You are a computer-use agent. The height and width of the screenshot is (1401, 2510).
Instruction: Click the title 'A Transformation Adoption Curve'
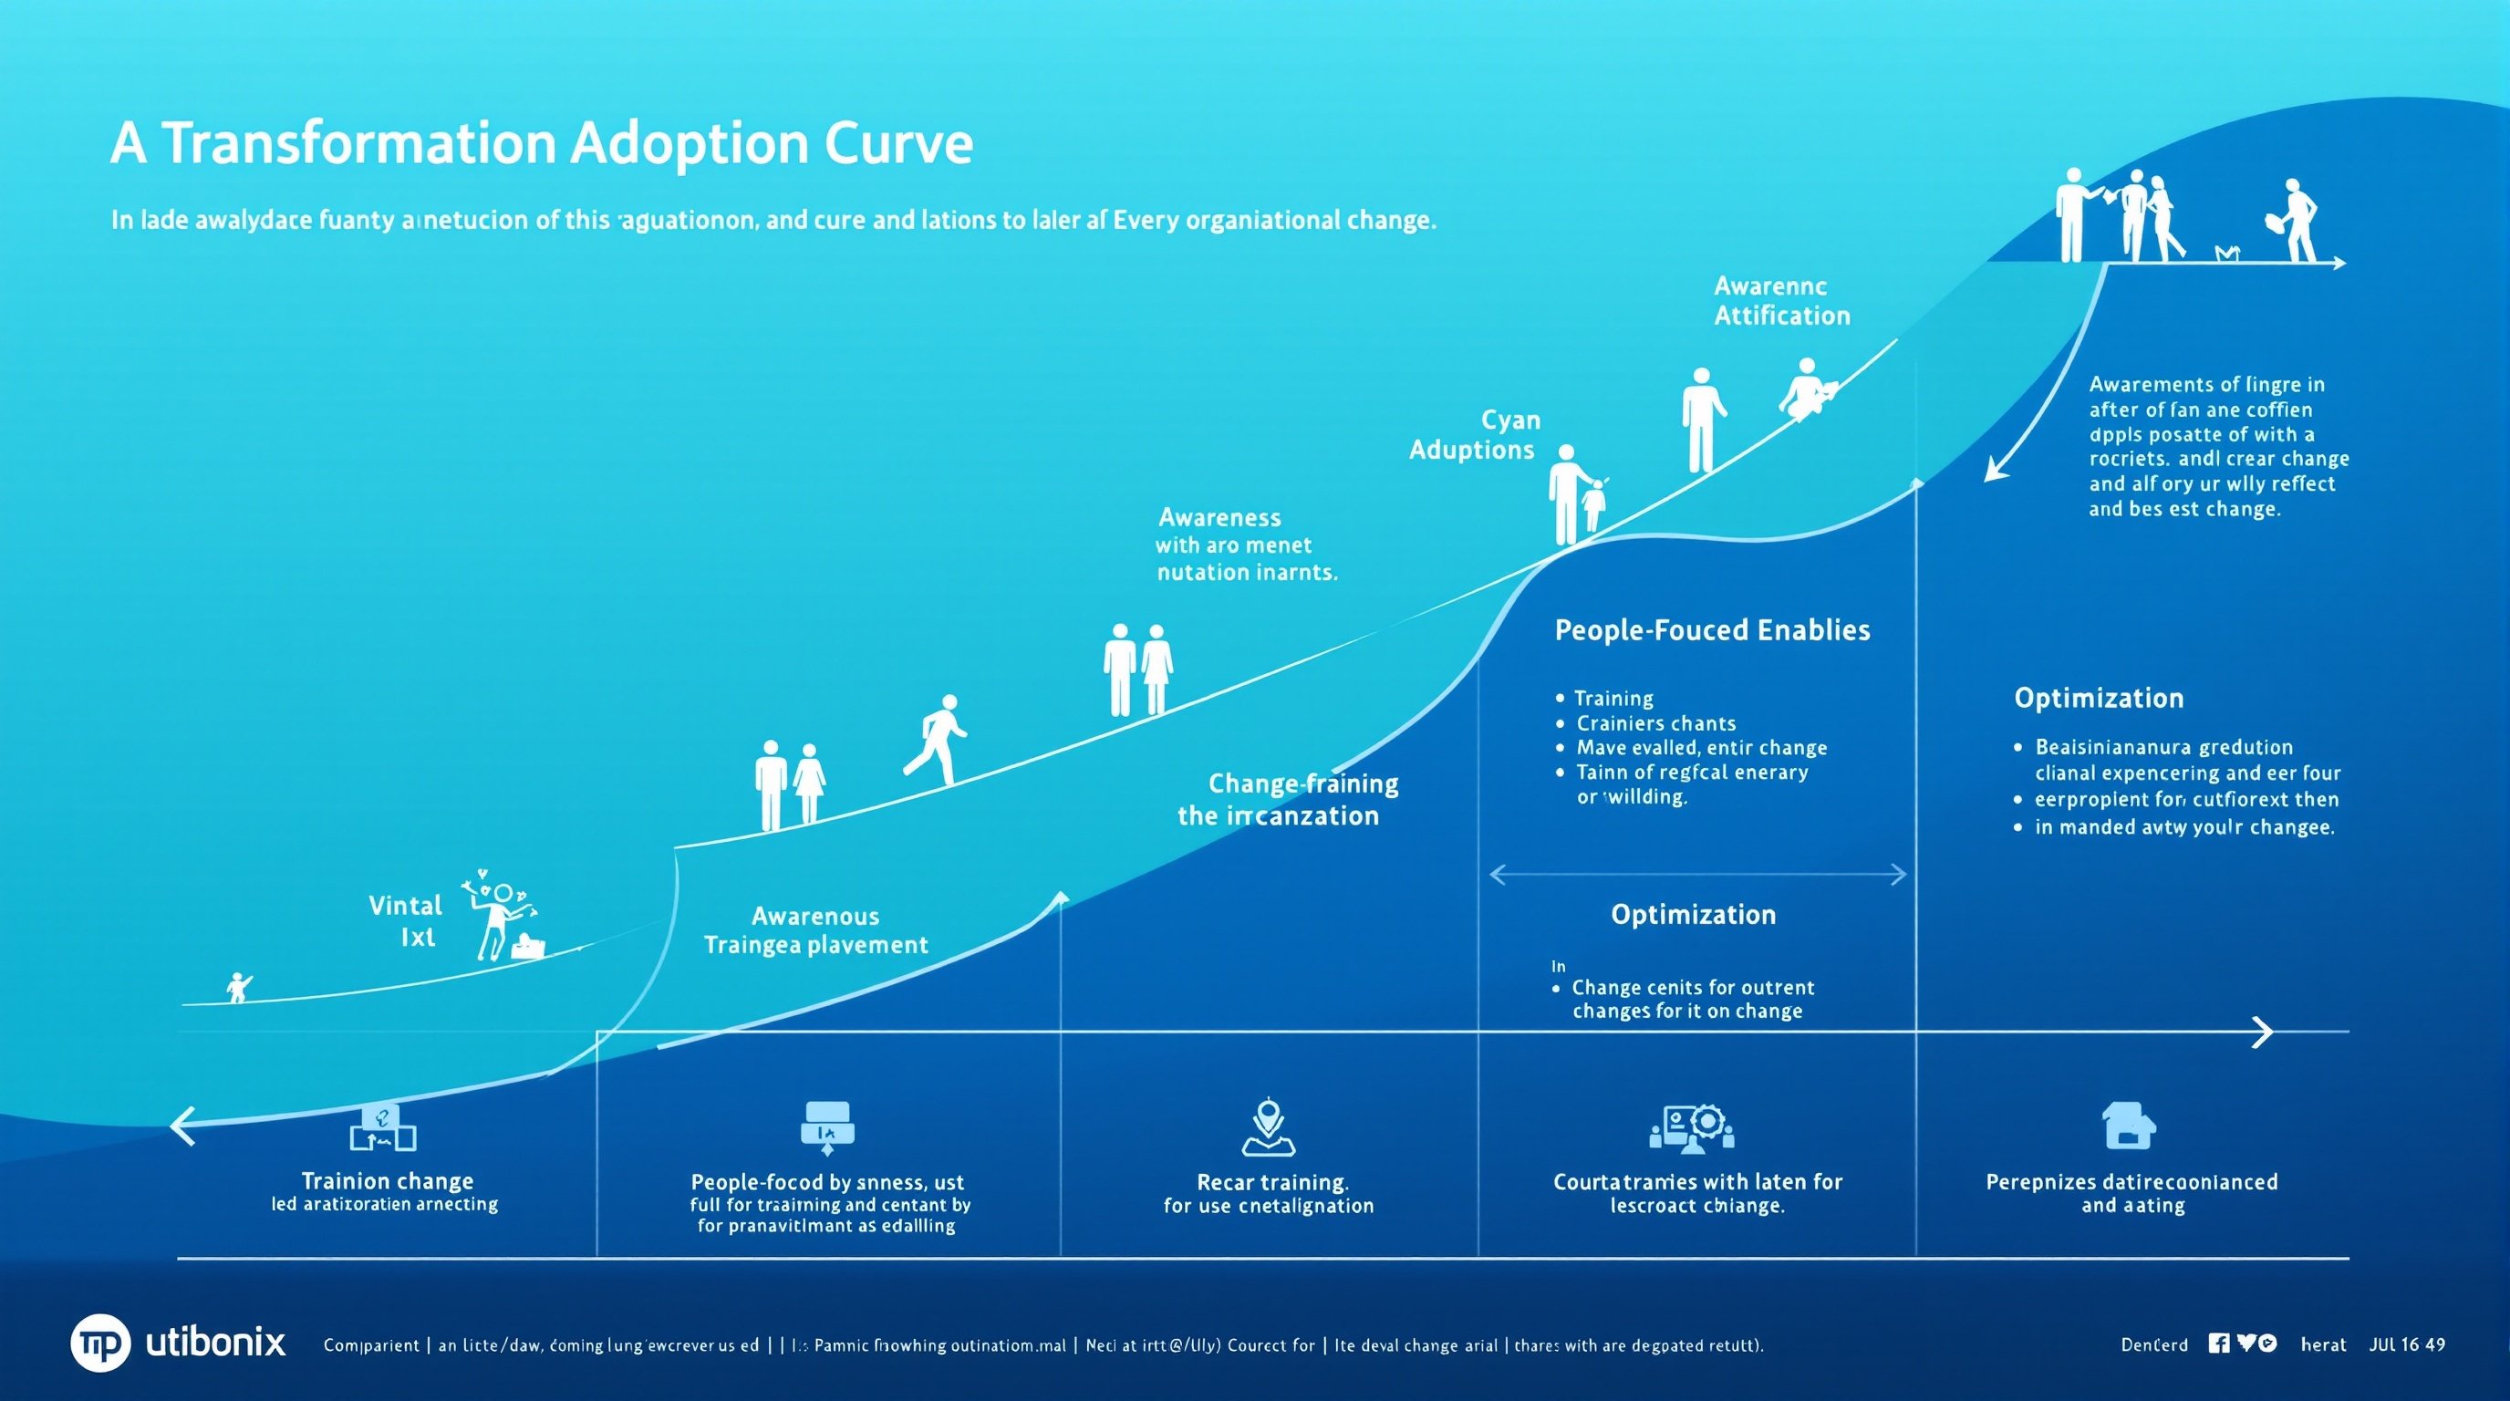pos(542,143)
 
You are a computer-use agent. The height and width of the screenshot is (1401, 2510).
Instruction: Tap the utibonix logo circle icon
pos(99,1343)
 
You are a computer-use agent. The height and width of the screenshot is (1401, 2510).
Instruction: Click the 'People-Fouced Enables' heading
pos(1712,630)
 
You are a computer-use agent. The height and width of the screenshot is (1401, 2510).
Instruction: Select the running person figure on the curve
pos(938,740)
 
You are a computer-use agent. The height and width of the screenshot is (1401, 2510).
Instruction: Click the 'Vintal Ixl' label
pos(406,920)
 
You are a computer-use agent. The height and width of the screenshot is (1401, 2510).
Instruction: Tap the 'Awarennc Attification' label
pos(1781,301)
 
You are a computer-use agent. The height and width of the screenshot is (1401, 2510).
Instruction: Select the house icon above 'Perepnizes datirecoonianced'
pos(2129,1126)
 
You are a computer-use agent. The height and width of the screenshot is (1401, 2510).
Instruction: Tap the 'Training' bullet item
pos(1613,699)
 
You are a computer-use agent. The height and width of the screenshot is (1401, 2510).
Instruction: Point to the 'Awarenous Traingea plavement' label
pos(815,930)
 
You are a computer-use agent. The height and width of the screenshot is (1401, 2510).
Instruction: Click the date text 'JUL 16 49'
pos(2407,1344)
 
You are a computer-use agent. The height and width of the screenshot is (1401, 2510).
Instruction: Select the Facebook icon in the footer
pos(2219,1344)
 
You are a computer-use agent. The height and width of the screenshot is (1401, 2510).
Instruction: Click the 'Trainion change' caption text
pos(388,1181)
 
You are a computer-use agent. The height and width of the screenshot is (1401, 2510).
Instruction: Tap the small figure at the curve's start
pos(237,987)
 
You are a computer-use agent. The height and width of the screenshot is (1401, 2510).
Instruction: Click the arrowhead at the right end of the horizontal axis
pos(2265,1031)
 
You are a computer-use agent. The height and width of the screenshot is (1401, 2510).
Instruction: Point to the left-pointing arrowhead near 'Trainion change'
pos(182,1126)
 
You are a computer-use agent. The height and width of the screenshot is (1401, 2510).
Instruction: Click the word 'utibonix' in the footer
pos(215,1343)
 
